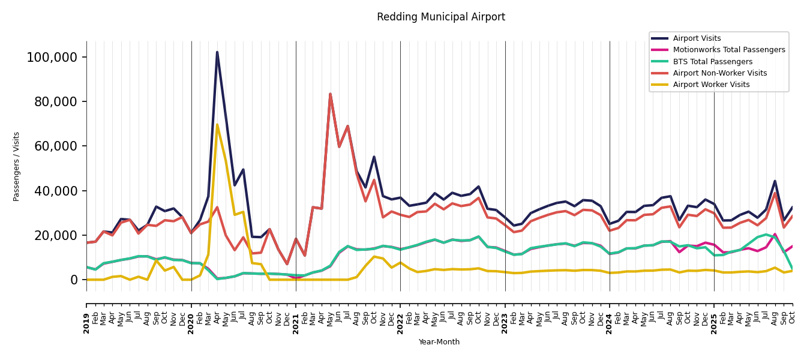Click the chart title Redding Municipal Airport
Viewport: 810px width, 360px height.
[441, 17]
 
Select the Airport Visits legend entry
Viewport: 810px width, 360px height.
[697, 38]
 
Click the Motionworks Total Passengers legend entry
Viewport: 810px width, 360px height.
[728, 50]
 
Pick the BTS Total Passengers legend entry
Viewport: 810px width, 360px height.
[712, 62]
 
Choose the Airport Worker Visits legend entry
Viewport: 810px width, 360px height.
[711, 85]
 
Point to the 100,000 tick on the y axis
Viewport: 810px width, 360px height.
[52, 58]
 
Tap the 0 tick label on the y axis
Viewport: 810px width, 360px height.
[74, 280]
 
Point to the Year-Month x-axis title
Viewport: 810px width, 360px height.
[439, 342]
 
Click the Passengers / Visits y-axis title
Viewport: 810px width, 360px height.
[17, 166]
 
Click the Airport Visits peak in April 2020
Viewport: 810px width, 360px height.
[217, 52]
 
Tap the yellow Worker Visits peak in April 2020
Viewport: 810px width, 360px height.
[217, 125]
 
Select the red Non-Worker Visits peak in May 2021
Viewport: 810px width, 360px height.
[330, 94]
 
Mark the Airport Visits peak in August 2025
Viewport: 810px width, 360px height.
[775, 181]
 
